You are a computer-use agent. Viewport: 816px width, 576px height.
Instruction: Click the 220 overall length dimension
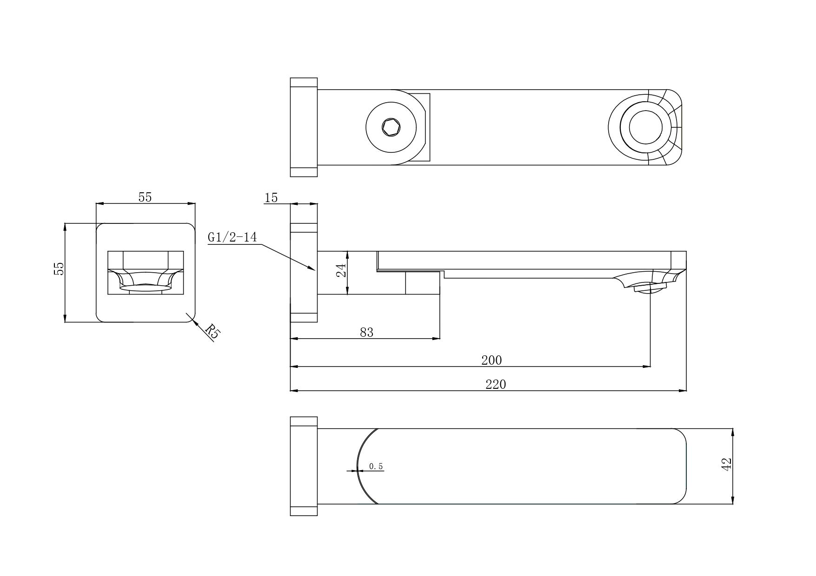496,384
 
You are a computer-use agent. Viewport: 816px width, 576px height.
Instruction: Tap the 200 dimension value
491,360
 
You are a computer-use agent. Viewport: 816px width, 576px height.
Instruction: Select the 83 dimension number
367,332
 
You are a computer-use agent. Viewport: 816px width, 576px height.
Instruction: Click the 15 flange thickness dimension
271,198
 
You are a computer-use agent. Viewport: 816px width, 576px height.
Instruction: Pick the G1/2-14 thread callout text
232,237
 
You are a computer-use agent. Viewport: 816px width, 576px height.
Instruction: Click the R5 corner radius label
213,331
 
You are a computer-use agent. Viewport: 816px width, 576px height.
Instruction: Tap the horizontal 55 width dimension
145,197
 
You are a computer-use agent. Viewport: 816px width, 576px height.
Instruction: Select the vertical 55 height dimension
59,268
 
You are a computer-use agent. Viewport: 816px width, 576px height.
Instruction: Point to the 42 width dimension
726,465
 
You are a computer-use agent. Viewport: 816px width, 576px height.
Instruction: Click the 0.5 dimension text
376,466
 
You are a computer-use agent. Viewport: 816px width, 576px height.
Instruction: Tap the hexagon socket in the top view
391,127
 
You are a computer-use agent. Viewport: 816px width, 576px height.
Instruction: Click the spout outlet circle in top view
646,127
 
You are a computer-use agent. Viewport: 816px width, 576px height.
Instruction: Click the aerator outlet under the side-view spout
650,288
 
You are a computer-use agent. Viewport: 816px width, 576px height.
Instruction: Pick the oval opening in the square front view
145,288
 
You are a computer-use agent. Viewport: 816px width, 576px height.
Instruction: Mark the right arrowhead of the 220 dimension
683,391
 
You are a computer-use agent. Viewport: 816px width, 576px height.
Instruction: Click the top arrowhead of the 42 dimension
733,432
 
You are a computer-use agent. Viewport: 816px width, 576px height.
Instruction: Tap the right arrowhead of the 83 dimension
436,338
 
